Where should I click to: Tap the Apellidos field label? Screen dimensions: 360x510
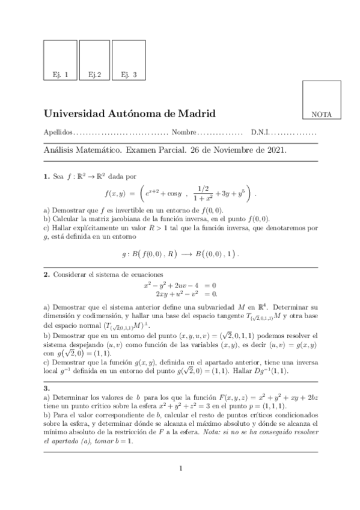[58, 132]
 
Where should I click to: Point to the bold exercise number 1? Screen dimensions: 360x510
[46, 177]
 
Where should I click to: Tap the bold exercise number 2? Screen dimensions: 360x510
[46, 274]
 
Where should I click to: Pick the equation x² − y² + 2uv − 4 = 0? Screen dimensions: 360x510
[180, 284]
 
